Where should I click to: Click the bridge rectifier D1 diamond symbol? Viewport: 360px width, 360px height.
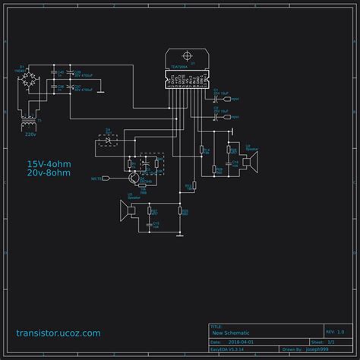tap(30, 80)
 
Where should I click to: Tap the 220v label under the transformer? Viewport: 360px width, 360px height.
tap(30, 134)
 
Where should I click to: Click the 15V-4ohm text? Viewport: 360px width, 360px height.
tap(49, 163)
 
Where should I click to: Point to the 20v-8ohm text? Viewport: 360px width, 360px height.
tap(49, 173)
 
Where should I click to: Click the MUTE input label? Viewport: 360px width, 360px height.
tap(96, 178)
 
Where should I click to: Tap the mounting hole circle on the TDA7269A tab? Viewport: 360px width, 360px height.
tap(185, 57)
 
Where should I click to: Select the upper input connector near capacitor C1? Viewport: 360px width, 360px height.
tap(233, 99)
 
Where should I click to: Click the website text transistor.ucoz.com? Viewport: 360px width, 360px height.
tap(58, 333)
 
